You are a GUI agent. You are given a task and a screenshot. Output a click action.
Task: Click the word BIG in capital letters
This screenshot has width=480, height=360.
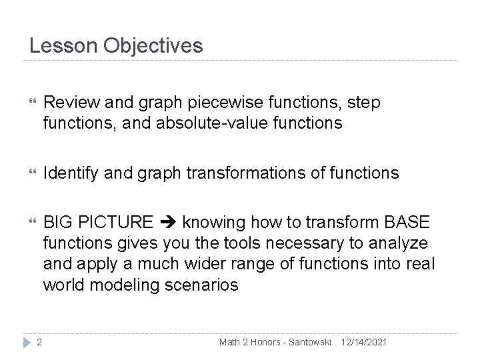coord(56,222)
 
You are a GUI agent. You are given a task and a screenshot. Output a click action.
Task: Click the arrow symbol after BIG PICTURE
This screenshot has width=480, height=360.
coord(169,222)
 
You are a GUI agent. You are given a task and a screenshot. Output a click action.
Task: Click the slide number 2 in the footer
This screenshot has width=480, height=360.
coord(39,342)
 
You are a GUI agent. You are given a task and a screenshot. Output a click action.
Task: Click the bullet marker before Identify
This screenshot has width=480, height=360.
coord(27,173)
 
